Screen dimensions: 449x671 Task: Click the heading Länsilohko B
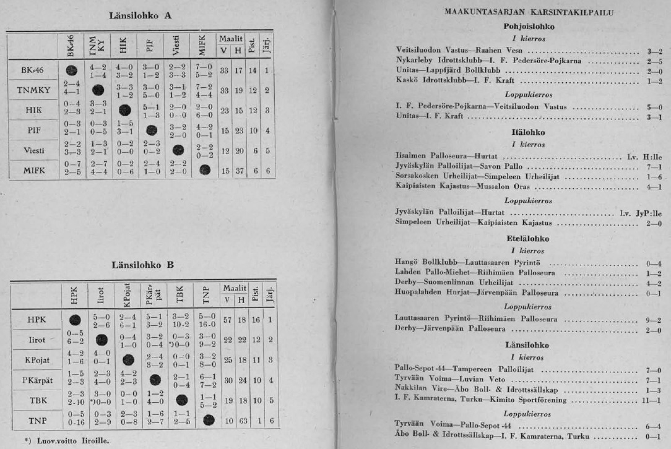coord(142,265)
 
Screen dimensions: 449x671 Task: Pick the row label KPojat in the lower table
coord(38,359)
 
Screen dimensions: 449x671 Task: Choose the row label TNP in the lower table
coord(37,421)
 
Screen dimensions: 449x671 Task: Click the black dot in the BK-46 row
coord(71,70)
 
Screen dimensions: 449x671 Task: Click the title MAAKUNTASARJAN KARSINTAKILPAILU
coord(529,12)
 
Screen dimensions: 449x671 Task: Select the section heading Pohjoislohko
coord(529,27)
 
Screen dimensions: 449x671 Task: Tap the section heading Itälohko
coord(529,132)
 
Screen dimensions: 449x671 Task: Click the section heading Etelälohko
coord(529,238)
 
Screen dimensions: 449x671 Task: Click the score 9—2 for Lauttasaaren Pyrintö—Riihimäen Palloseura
coord(655,319)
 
